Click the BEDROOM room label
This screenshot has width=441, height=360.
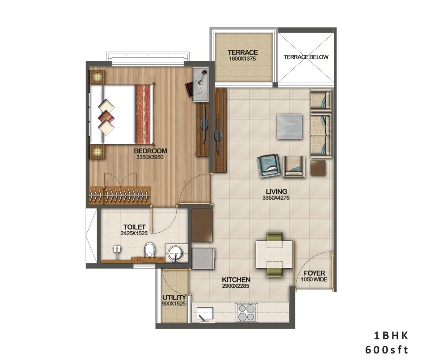[x=150, y=151]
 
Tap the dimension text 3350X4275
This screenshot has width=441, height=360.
[x=276, y=198]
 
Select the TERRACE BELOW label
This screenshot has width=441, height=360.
[x=306, y=57]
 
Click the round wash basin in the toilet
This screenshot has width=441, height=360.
[x=176, y=254]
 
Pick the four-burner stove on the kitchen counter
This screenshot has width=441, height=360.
[x=246, y=312]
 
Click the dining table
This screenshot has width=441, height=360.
[x=275, y=255]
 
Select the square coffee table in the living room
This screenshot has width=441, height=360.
[x=290, y=125]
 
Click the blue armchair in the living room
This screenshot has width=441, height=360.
[x=269, y=165]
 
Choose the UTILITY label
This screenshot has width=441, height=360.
[x=174, y=297]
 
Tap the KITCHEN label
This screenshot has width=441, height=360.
[x=236, y=280]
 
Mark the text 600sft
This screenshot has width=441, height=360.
[x=387, y=350]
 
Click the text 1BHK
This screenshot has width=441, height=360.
[x=391, y=335]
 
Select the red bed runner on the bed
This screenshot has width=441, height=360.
[x=143, y=114]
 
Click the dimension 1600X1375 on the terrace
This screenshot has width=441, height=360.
[x=243, y=59]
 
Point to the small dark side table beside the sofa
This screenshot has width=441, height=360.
[x=318, y=168]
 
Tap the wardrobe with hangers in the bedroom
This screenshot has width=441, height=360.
[x=119, y=195]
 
